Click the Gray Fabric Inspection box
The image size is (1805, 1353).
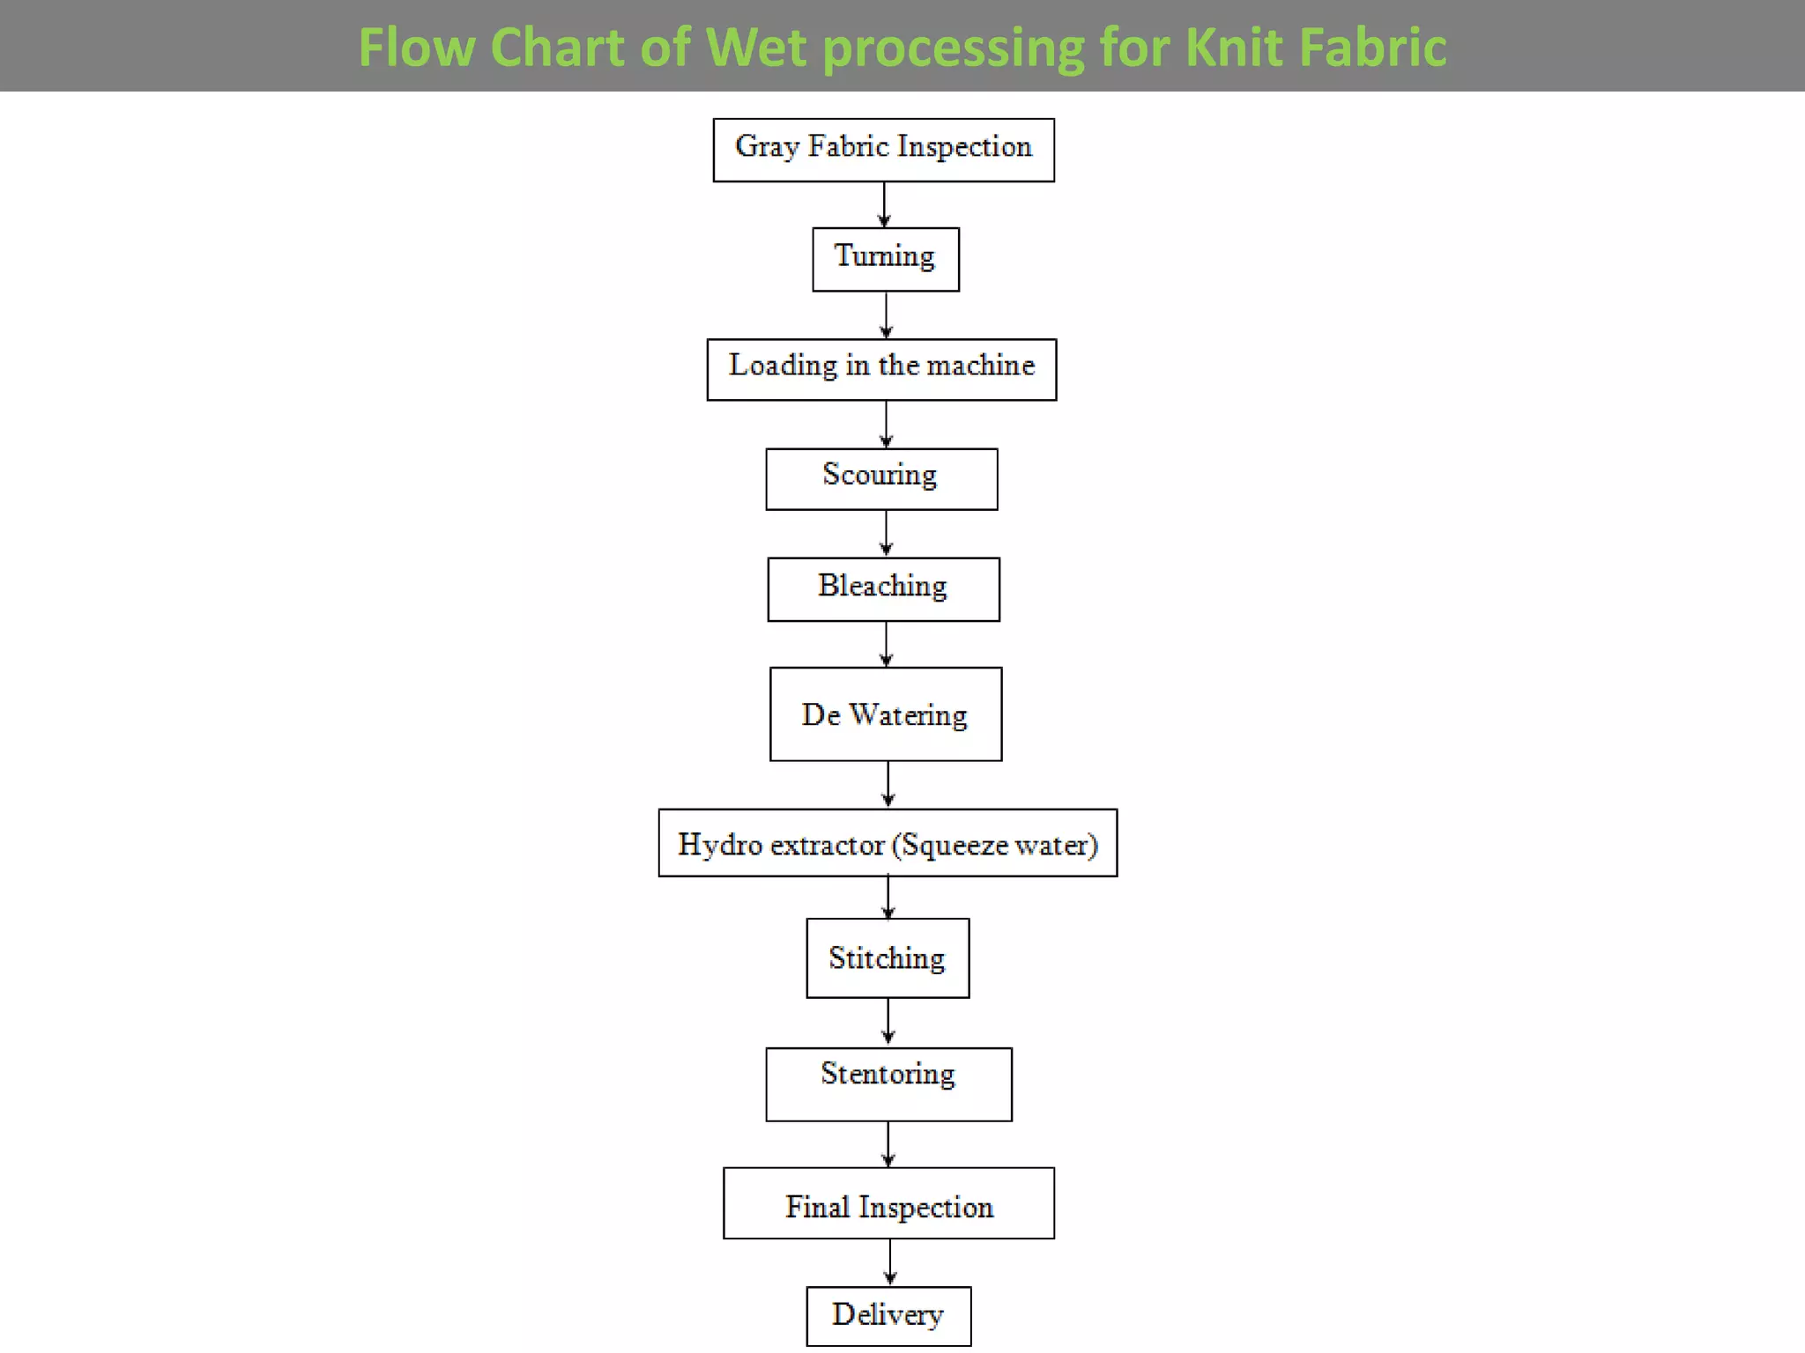tap(883, 150)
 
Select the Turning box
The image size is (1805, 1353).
tap(885, 259)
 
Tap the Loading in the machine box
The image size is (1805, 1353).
tap(881, 369)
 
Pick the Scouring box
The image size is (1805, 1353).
tap(881, 479)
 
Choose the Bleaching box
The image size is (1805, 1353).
tap(883, 588)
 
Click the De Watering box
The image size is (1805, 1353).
tap(885, 713)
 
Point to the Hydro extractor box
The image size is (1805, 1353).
tap(888, 843)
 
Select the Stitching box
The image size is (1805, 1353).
tap(888, 958)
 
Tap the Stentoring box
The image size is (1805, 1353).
tap(888, 1083)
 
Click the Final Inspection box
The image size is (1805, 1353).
tap(888, 1203)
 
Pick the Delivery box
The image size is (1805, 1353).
tap(888, 1316)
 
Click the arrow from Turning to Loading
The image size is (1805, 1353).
tap(886, 315)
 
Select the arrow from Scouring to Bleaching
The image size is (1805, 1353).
tap(886, 534)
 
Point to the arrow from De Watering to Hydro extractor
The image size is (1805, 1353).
tap(888, 785)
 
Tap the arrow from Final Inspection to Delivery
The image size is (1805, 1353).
tap(889, 1262)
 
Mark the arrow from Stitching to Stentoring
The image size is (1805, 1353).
tap(888, 1023)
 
